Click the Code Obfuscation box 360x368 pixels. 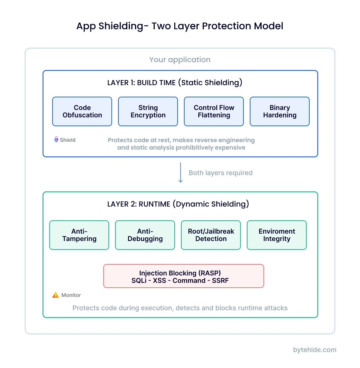point(82,111)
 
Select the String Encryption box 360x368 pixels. point(148,111)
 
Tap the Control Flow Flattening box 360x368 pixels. point(214,111)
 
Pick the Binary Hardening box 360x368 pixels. point(280,111)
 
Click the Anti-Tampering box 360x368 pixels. point(79,235)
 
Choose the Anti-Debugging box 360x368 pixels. point(145,235)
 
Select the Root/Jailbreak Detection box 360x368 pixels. point(211,235)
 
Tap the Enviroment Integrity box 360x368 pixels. point(277,235)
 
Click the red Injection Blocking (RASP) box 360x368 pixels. point(184,276)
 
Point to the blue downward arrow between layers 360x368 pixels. point(181,173)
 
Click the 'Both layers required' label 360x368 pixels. point(221,173)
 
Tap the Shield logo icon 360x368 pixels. point(56,140)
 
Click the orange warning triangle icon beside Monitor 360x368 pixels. point(55,295)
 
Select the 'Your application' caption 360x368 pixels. point(180,60)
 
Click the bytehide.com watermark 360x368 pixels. point(314,350)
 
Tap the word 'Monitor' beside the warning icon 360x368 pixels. point(71,295)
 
